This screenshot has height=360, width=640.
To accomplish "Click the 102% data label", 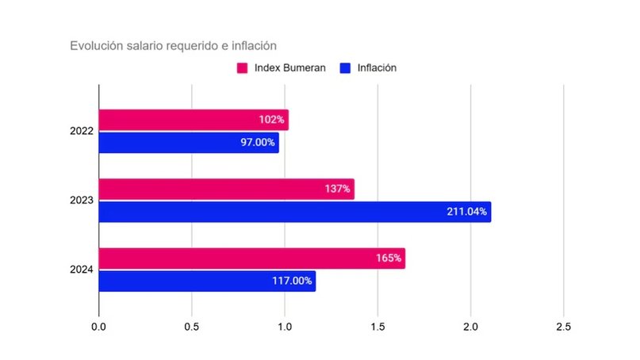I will click(x=271, y=120).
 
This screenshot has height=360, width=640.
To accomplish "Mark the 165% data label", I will click(x=389, y=259).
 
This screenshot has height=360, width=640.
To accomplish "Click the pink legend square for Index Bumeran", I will click(x=243, y=68).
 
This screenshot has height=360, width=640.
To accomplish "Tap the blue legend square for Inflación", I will click(x=345, y=68).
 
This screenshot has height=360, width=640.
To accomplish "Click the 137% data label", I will click(x=337, y=189).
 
